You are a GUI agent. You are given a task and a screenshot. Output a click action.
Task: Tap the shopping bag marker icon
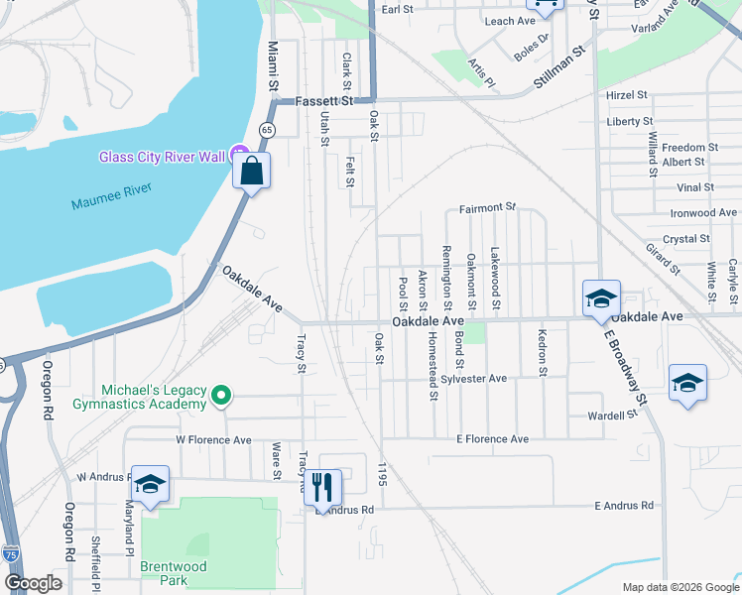tap(252, 171)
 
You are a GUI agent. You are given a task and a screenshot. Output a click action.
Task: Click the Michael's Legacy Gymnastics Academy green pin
tap(222, 397)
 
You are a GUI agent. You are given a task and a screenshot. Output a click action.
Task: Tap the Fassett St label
tap(325, 101)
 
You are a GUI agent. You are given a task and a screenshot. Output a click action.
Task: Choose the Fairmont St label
tap(488, 208)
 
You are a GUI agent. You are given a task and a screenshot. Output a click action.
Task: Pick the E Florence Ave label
tap(492, 438)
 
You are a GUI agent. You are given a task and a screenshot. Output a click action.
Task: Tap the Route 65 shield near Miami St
tap(267, 130)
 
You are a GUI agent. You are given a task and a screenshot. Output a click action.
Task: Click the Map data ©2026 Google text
tap(680, 587)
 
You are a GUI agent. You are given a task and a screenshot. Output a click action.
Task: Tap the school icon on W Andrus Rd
tap(150, 484)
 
